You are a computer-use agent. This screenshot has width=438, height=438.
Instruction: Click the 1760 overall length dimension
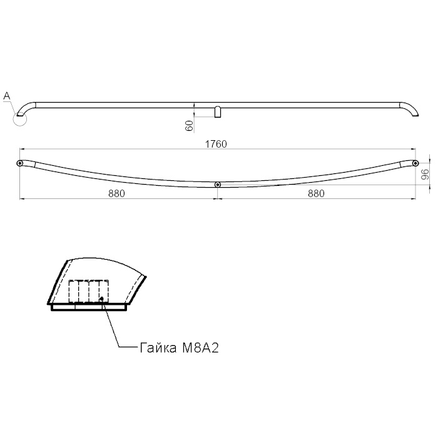click(x=216, y=144)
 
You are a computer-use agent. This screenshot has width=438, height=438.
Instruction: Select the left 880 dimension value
click(x=116, y=193)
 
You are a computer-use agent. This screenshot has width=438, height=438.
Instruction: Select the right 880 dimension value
click(x=316, y=193)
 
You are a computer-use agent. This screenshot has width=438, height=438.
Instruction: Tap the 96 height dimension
click(x=425, y=175)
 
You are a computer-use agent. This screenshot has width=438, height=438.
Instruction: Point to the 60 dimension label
click(x=189, y=126)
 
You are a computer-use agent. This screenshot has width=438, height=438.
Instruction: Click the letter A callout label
click(x=6, y=96)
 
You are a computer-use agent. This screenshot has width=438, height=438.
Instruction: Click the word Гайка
click(x=158, y=348)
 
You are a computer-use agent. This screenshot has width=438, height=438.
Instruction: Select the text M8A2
click(x=200, y=348)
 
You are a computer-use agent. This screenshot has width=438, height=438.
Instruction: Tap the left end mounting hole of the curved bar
click(x=19, y=163)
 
